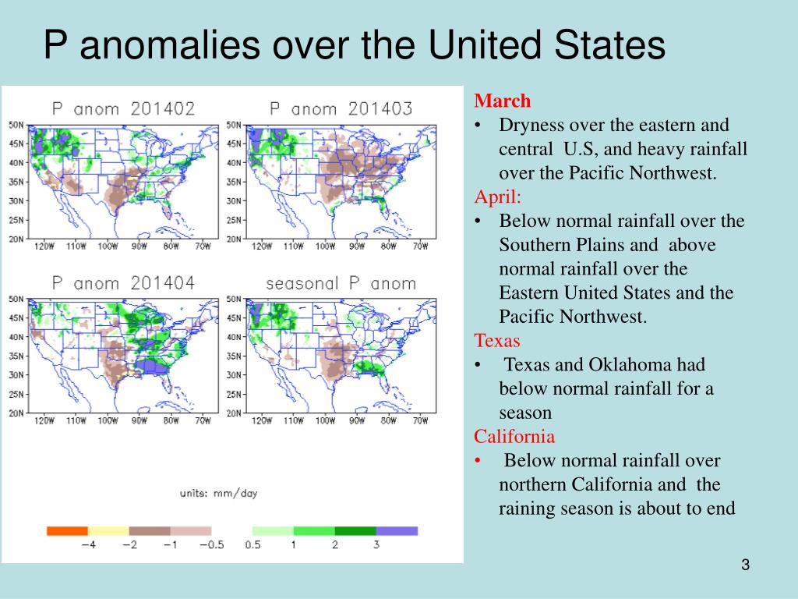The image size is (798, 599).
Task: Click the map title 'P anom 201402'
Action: (x=123, y=109)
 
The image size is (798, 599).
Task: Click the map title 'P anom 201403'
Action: (x=341, y=109)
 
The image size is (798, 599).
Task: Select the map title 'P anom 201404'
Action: (x=123, y=283)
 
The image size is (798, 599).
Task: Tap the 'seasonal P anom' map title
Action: (x=341, y=283)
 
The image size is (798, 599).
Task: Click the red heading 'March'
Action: (x=503, y=101)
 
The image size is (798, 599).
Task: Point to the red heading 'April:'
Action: (x=500, y=197)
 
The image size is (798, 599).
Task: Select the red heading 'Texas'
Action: (x=497, y=340)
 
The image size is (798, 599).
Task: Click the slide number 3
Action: (x=745, y=565)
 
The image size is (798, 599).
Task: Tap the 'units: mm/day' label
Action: (x=218, y=493)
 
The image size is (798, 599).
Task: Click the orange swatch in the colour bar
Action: (x=67, y=531)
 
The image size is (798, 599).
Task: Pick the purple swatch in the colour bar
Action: (x=397, y=531)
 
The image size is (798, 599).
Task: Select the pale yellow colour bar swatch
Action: (x=108, y=531)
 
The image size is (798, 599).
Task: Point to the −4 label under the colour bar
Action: (x=87, y=545)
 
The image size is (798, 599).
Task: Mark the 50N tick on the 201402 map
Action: (x=16, y=125)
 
